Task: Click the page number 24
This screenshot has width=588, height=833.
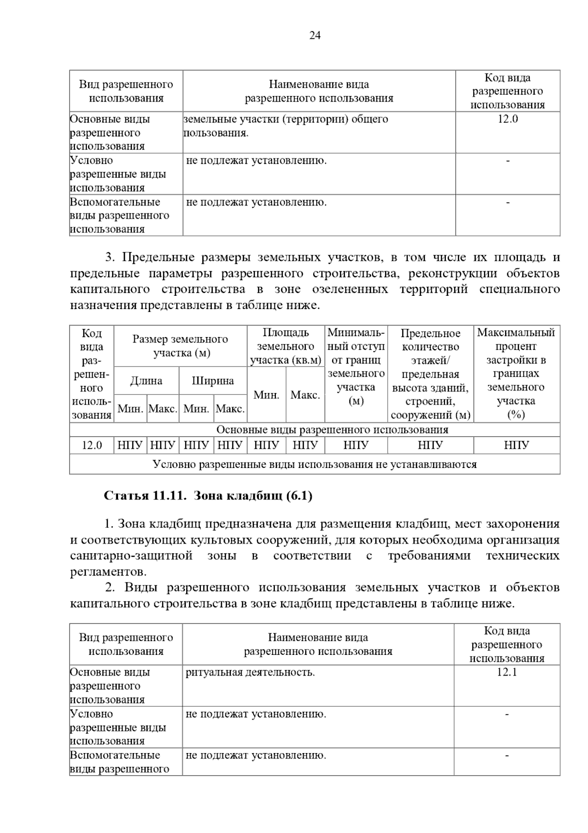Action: [315, 35]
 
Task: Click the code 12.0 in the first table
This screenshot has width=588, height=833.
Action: [508, 119]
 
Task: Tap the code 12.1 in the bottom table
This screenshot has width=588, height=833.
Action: [507, 673]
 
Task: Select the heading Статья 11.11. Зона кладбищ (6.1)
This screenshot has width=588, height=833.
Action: [208, 496]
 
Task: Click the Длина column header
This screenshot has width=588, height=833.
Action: [146, 381]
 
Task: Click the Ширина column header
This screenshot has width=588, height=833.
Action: [213, 381]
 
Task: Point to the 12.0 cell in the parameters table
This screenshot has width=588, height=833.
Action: [92, 445]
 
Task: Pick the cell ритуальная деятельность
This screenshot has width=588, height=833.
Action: [250, 673]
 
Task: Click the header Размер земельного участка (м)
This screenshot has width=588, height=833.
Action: [180, 346]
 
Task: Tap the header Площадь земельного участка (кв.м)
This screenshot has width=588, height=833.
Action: [286, 346]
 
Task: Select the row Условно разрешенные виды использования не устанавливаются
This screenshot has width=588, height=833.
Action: [315, 464]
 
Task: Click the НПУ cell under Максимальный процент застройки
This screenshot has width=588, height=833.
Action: [516, 445]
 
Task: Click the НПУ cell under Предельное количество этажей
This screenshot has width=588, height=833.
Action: [430, 445]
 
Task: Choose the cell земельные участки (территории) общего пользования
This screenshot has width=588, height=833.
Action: [286, 126]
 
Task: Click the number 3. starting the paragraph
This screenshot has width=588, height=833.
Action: [110, 258]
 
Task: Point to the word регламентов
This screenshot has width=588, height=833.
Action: [108, 572]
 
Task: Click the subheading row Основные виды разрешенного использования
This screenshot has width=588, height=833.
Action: [332, 430]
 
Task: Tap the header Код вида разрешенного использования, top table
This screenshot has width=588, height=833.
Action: [508, 91]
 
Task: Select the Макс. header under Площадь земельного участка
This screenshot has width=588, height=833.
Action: [305, 395]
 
